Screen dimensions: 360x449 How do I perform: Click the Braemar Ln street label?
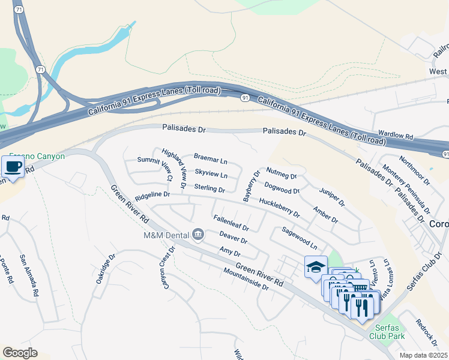(x=210, y=159)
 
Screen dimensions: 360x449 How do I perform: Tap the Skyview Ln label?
(x=211, y=174)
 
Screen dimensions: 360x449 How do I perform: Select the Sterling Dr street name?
(x=209, y=189)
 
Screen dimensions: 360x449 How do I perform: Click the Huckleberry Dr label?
(x=279, y=208)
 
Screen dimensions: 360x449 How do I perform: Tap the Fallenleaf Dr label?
(x=231, y=223)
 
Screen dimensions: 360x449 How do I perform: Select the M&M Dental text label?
(x=165, y=235)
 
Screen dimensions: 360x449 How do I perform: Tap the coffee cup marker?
(x=13, y=166)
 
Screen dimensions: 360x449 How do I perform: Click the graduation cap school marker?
(x=316, y=266)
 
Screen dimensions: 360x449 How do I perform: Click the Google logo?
(x=20, y=353)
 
